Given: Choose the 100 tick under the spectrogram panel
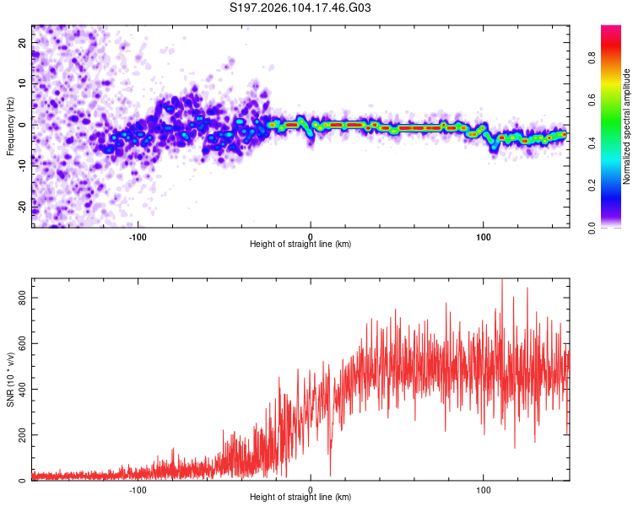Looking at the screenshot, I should tap(484, 236).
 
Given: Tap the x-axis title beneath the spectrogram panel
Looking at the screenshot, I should tap(300, 245).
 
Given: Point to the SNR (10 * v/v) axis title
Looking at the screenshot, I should tap(10, 378).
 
